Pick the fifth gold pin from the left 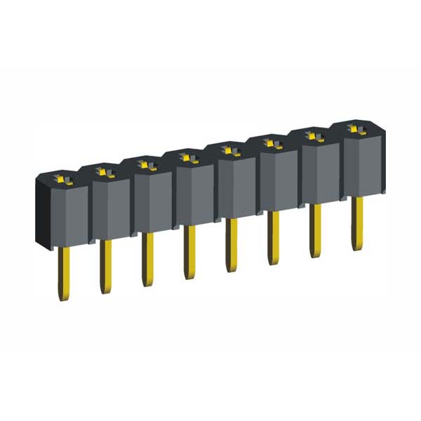230,246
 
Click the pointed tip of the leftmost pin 64,299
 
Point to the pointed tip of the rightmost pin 357,248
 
